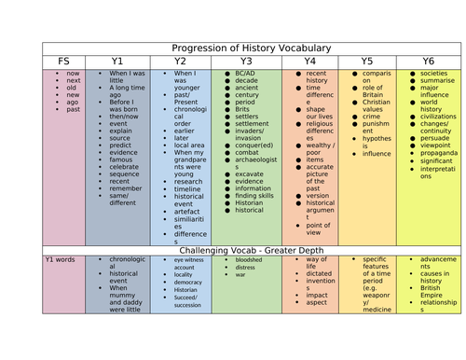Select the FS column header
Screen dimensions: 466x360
pos(63,61)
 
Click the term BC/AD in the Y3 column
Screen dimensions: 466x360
pos(246,72)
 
